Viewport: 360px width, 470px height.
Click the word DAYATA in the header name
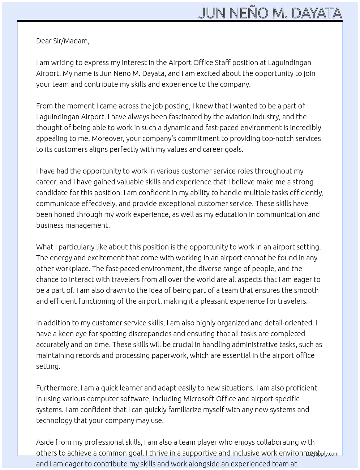pyautogui.click(x=316, y=13)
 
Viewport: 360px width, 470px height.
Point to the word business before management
pyautogui.click(x=50, y=225)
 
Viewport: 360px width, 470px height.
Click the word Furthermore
pyautogui.click(x=57, y=388)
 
